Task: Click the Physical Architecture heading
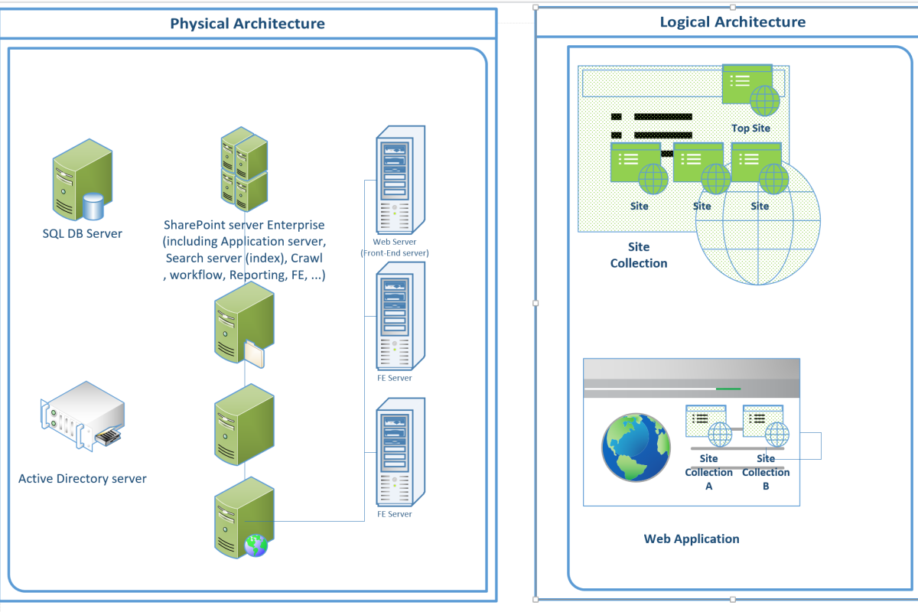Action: pos(247,24)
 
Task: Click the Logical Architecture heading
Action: pos(732,22)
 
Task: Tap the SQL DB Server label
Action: pos(82,233)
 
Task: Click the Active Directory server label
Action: pos(82,479)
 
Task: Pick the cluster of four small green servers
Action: pos(244,170)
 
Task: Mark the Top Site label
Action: pos(750,129)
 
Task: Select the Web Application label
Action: pos(692,539)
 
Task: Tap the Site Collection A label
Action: pos(708,472)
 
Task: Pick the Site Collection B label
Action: pos(766,472)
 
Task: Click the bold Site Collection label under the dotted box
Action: pos(638,255)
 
